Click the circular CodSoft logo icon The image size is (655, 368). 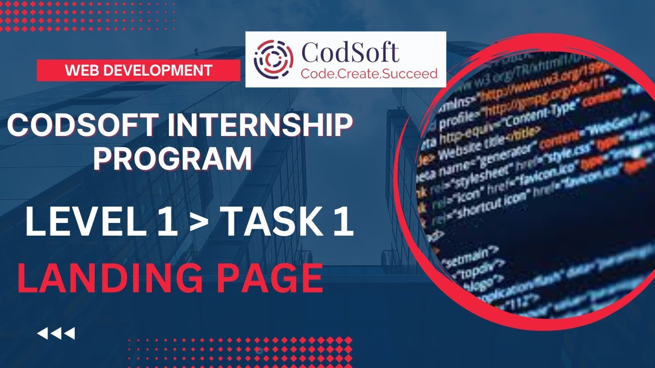[274, 59]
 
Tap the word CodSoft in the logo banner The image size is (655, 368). [350, 52]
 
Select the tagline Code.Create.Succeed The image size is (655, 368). [369, 74]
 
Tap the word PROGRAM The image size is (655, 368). [172, 158]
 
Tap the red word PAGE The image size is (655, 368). [269, 279]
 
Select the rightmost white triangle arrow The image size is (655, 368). [70, 334]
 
